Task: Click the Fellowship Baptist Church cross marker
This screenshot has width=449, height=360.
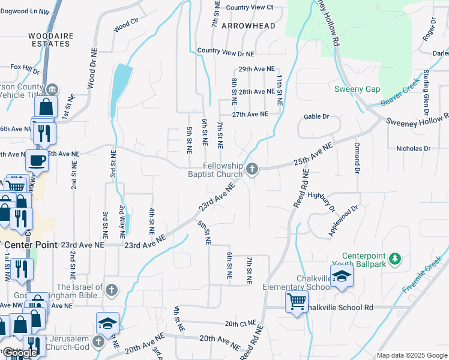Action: tap(253, 170)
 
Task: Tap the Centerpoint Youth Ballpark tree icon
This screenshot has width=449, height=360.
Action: tap(394, 259)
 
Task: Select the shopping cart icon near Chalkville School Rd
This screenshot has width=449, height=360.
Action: tap(297, 302)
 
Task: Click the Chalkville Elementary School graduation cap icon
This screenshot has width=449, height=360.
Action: tap(342, 276)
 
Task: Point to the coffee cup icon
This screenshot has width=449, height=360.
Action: tap(37, 161)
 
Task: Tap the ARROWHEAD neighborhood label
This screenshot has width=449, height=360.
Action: tap(248, 26)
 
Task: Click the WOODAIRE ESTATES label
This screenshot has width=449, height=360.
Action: tap(51, 40)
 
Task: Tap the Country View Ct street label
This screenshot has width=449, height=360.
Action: tap(250, 7)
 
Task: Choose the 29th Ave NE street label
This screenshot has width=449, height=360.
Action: tap(256, 70)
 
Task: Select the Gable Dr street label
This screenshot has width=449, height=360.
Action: tap(317, 116)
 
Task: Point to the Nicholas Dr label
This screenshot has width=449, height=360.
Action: tap(414, 148)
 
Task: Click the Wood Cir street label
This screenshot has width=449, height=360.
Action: tap(125, 26)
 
